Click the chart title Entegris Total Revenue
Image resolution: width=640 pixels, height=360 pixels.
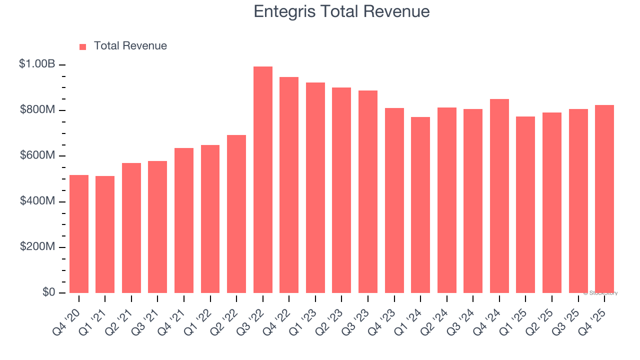point(341,11)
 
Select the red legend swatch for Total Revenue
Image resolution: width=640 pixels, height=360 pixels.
point(83,46)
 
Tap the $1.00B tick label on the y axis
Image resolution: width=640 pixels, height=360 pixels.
point(37,64)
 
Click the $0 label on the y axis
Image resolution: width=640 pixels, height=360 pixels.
point(48,292)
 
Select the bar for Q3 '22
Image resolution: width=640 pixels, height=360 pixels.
point(263,180)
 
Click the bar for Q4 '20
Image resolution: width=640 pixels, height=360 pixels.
point(79,234)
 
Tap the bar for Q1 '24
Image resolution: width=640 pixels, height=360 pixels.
point(420,205)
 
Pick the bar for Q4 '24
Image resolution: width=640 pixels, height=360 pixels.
point(499,196)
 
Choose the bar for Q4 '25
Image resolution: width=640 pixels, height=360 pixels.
point(604,199)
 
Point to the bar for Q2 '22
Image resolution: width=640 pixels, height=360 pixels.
point(236,214)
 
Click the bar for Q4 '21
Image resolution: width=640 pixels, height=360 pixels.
point(184,220)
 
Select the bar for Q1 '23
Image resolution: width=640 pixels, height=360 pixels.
point(315,188)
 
